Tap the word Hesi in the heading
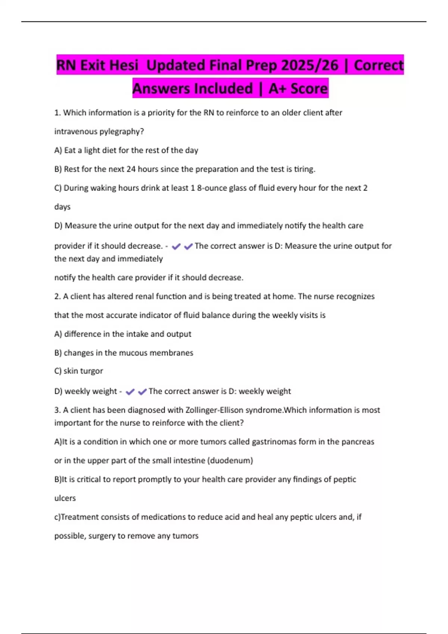[122, 65]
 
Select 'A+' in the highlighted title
[278, 88]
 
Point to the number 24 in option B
[131, 169]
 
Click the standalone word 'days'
[62, 207]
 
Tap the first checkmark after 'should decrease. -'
[176, 246]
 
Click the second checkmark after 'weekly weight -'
[142, 392]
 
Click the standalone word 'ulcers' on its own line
[65, 498]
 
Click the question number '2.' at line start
[57, 296]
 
